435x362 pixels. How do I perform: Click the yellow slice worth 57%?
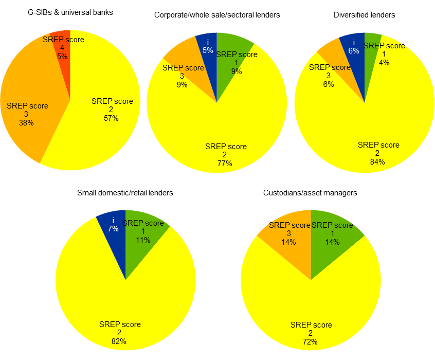pos(103,129)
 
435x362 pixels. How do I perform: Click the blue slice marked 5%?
pos(208,49)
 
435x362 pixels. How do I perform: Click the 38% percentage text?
pos(26,123)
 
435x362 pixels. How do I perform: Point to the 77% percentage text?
pos(225,164)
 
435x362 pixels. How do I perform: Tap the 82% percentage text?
pos(119,341)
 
